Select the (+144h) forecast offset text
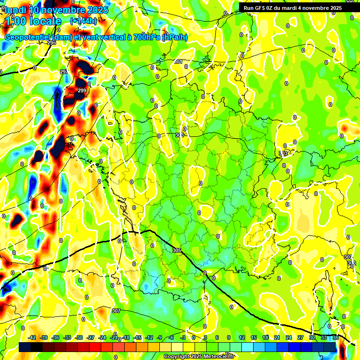(83, 21)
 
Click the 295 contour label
(52, 43)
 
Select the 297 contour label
(64, 72)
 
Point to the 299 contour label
(82, 90)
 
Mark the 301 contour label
(178, 61)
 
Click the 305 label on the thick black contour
(176, 251)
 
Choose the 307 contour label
(116, 311)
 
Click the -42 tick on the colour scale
(32, 337)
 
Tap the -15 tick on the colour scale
(137, 337)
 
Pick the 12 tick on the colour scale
(241, 337)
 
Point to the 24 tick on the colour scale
(288, 337)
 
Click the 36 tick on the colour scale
(336, 337)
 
